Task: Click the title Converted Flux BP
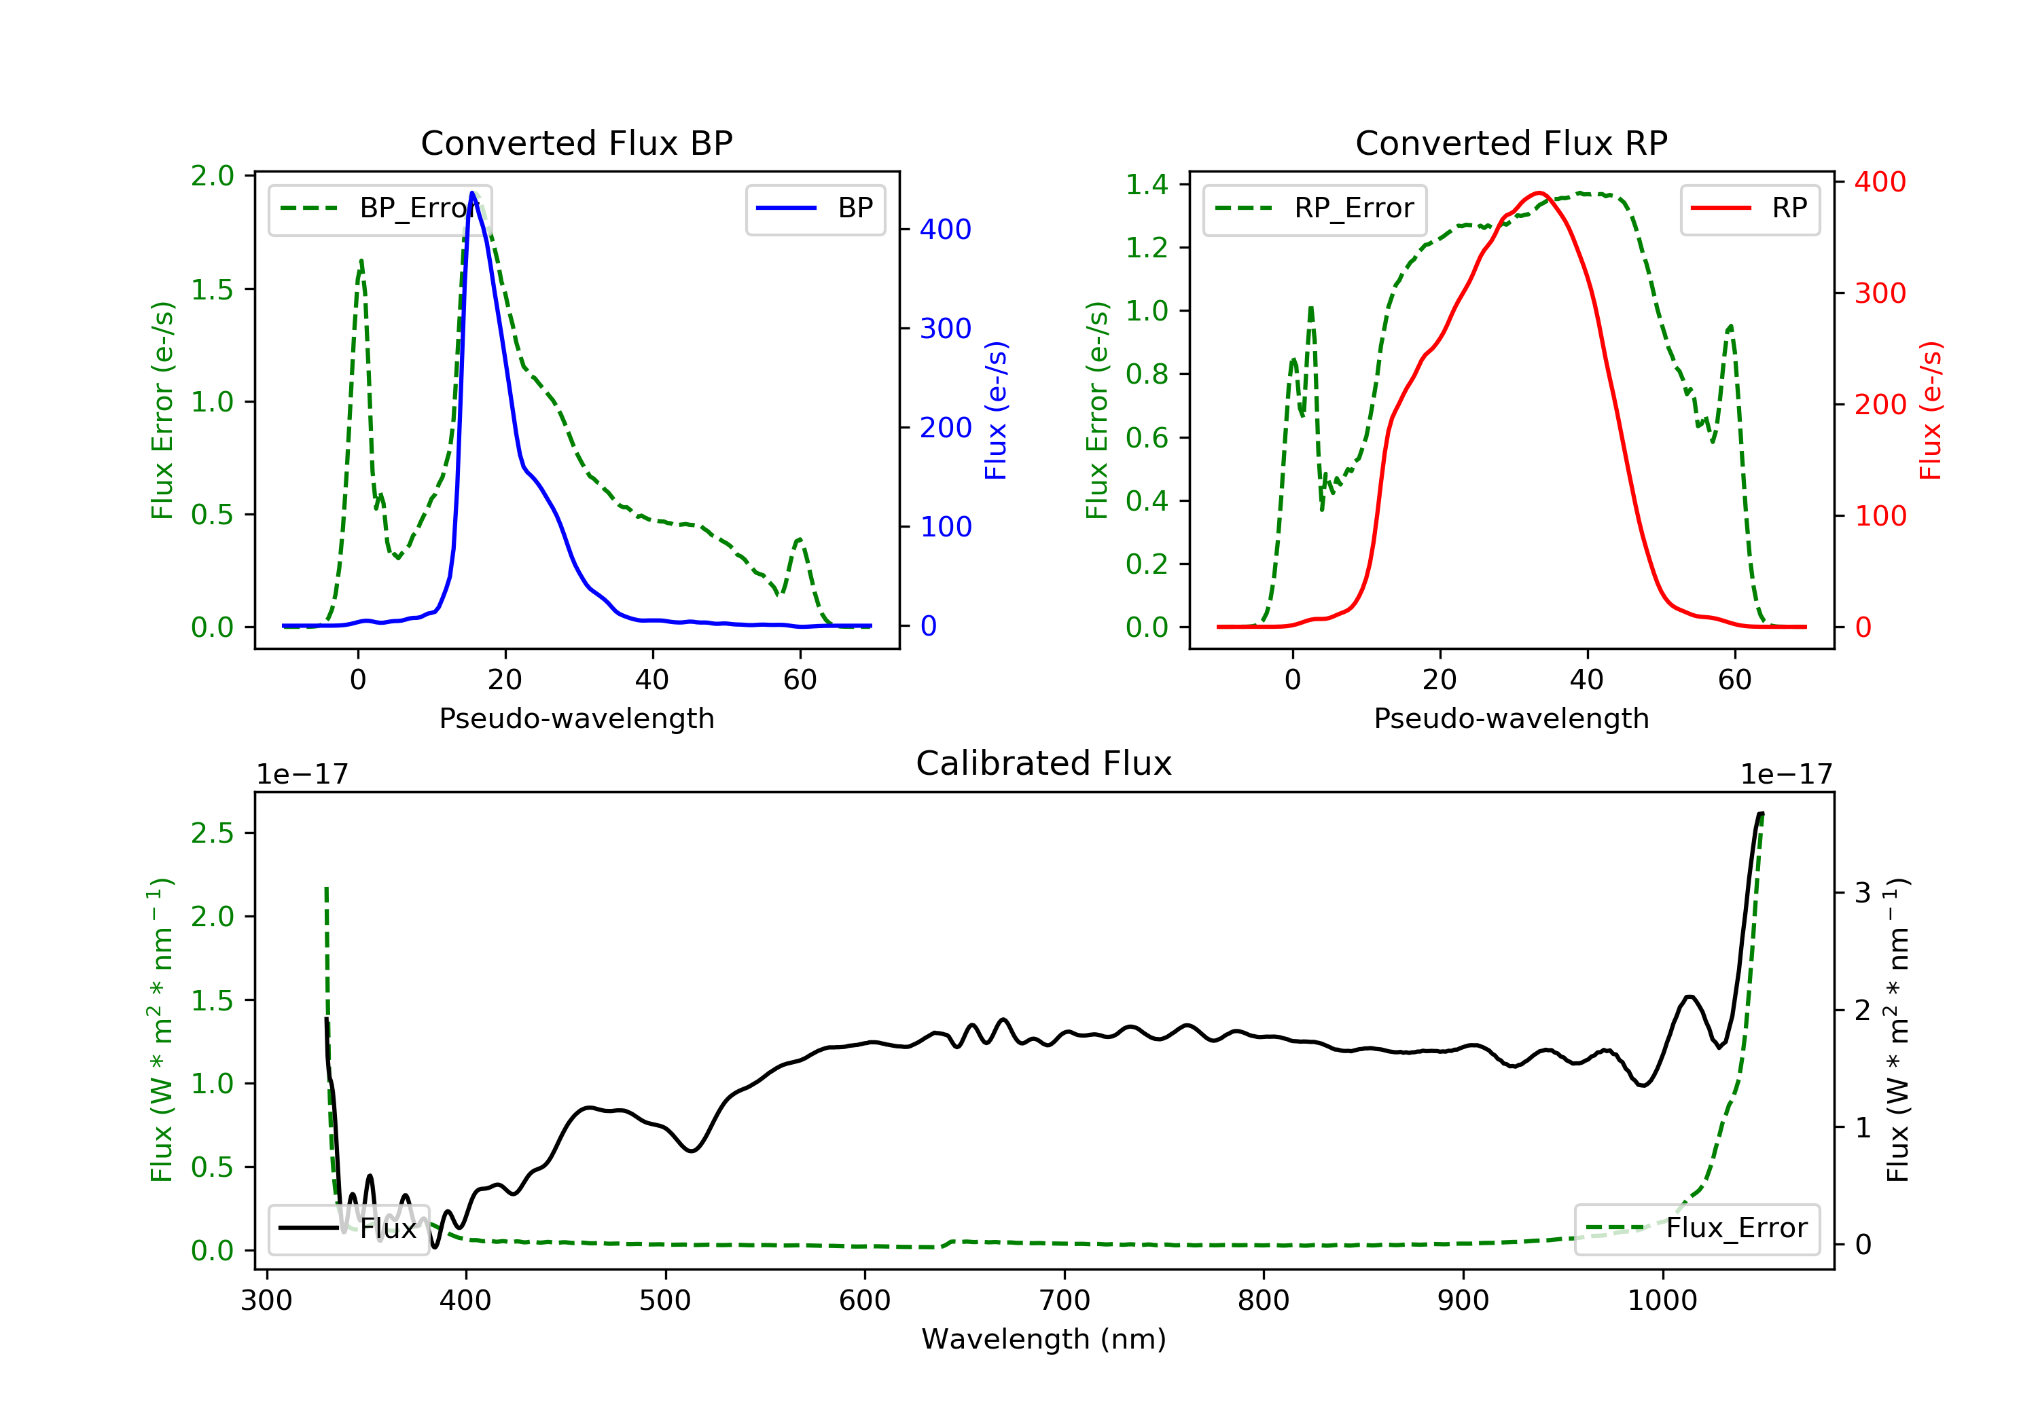coord(576,143)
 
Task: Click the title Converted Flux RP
coord(1511,143)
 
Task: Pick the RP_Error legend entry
coord(1315,208)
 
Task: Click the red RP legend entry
coord(1749,208)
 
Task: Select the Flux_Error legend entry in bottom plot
coord(1696,1228)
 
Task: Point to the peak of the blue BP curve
coord(472,193)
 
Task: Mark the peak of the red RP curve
coord(1539,193)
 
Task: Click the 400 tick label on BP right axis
coord(946,230)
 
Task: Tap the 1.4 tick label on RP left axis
coord(1147,185)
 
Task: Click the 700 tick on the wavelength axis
coord(1065,1301)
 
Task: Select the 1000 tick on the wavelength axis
coord(1662,1301)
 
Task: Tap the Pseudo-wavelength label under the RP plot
coord(1511,718)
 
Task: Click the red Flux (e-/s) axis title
coord(1931,411)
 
